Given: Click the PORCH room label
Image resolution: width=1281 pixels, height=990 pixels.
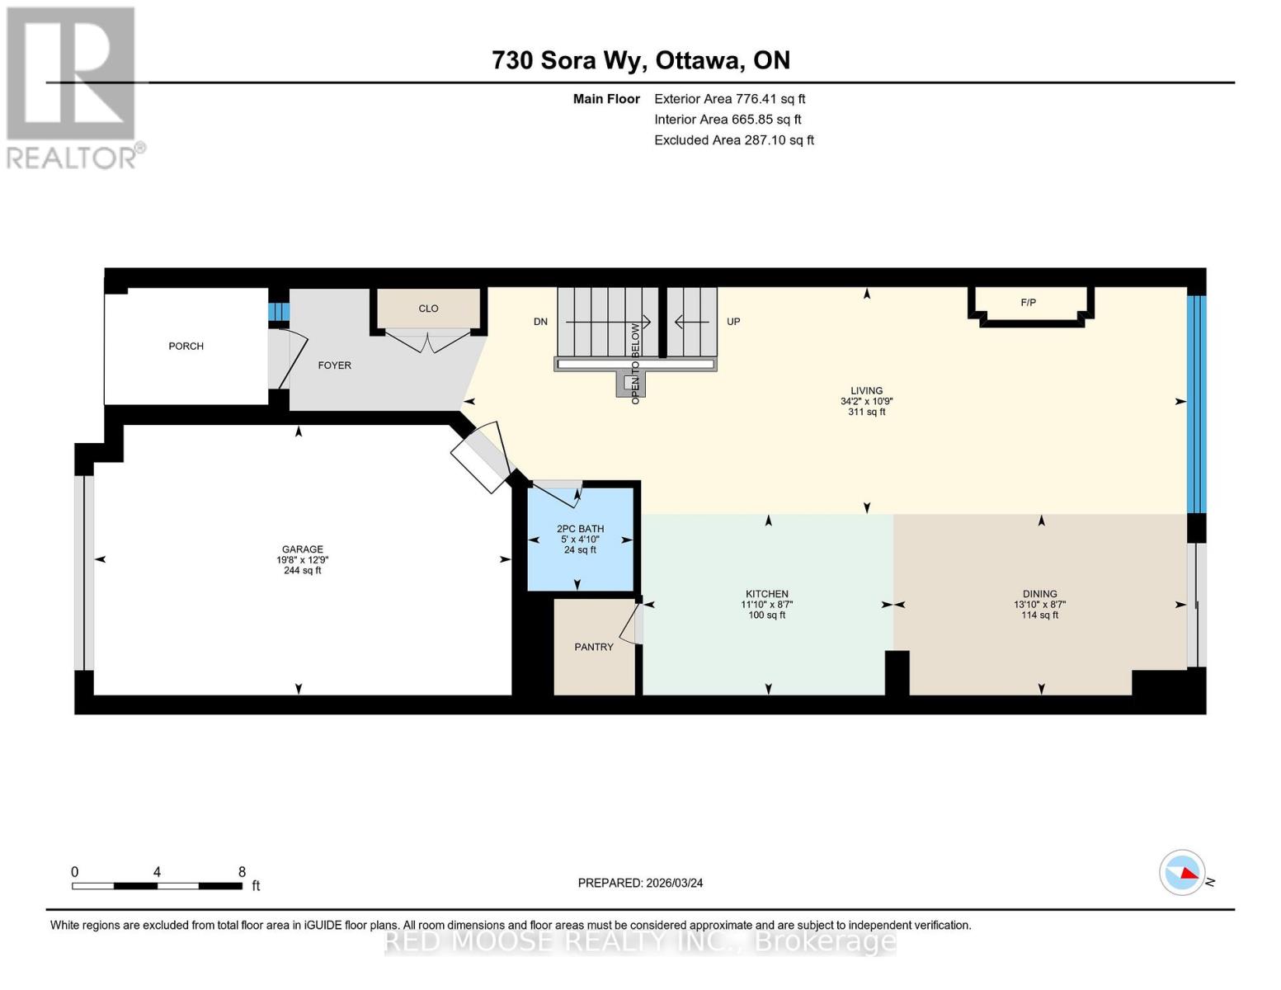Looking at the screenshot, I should [x=186, y=346].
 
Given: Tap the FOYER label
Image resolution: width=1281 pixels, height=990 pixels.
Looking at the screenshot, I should [x=334, y=365].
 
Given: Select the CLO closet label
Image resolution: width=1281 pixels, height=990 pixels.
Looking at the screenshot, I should [x=428, y=309].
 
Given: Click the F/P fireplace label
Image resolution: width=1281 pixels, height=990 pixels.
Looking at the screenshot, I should [x=1028, y=303].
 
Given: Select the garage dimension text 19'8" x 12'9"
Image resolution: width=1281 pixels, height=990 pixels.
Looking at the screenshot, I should [x=302, y=560].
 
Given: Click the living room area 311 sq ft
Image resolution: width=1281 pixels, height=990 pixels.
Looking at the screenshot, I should [x=866, y=412].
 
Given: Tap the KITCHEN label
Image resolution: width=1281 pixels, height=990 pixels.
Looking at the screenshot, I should [x=766, y=594].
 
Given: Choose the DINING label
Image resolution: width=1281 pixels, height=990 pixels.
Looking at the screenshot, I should [x=1039, y=594].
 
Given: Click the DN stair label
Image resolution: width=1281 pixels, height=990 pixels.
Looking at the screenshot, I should [x=540, y=322].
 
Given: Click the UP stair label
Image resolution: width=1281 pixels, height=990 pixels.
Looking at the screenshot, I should [x=733, y=322].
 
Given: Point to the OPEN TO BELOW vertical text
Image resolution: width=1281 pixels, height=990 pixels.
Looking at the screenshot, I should [x=635, y=363].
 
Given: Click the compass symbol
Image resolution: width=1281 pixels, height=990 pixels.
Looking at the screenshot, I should [x=1183, y=872].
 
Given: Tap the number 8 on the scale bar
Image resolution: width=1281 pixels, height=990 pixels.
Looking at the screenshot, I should [x=242, y=872].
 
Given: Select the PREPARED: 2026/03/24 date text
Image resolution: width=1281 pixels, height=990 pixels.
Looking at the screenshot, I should [x=640, y=884].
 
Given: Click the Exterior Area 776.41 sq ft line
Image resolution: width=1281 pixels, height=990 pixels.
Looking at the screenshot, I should [x=729, y=99].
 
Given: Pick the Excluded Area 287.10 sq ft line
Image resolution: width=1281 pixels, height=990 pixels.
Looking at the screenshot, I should [x=733, y=140].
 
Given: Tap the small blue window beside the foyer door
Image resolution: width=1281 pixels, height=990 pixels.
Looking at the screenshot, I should [x=279, y=312].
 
